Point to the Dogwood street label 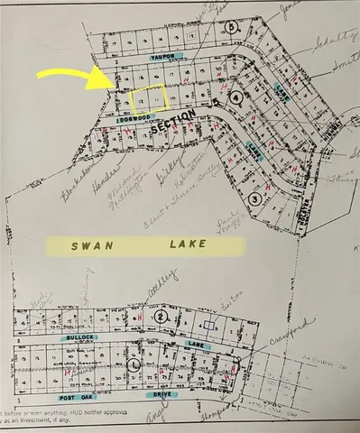coord(131,118)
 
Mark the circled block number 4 coord(235,97)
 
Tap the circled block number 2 coord(161,318)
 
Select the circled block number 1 coord(135,364)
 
